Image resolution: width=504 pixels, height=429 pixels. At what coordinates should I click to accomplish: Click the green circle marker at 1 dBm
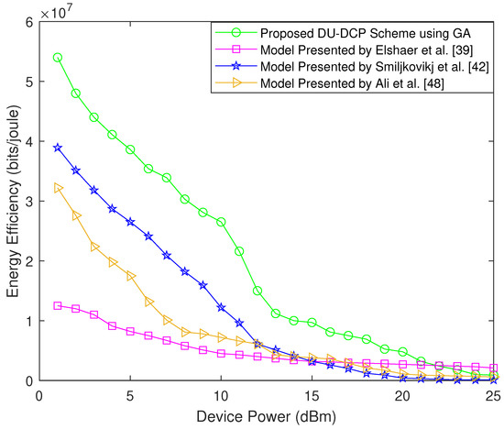58,58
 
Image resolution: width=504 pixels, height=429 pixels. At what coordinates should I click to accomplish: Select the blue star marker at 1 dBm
58,148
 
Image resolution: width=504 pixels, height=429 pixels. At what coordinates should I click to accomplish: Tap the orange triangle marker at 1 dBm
58,188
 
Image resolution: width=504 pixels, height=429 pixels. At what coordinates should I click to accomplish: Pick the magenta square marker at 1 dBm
58,305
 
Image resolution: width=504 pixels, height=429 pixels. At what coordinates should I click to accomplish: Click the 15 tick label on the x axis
312,396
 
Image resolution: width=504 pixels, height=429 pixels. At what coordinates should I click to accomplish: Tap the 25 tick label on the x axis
492,396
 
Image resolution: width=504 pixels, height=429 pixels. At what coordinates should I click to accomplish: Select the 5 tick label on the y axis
28,82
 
